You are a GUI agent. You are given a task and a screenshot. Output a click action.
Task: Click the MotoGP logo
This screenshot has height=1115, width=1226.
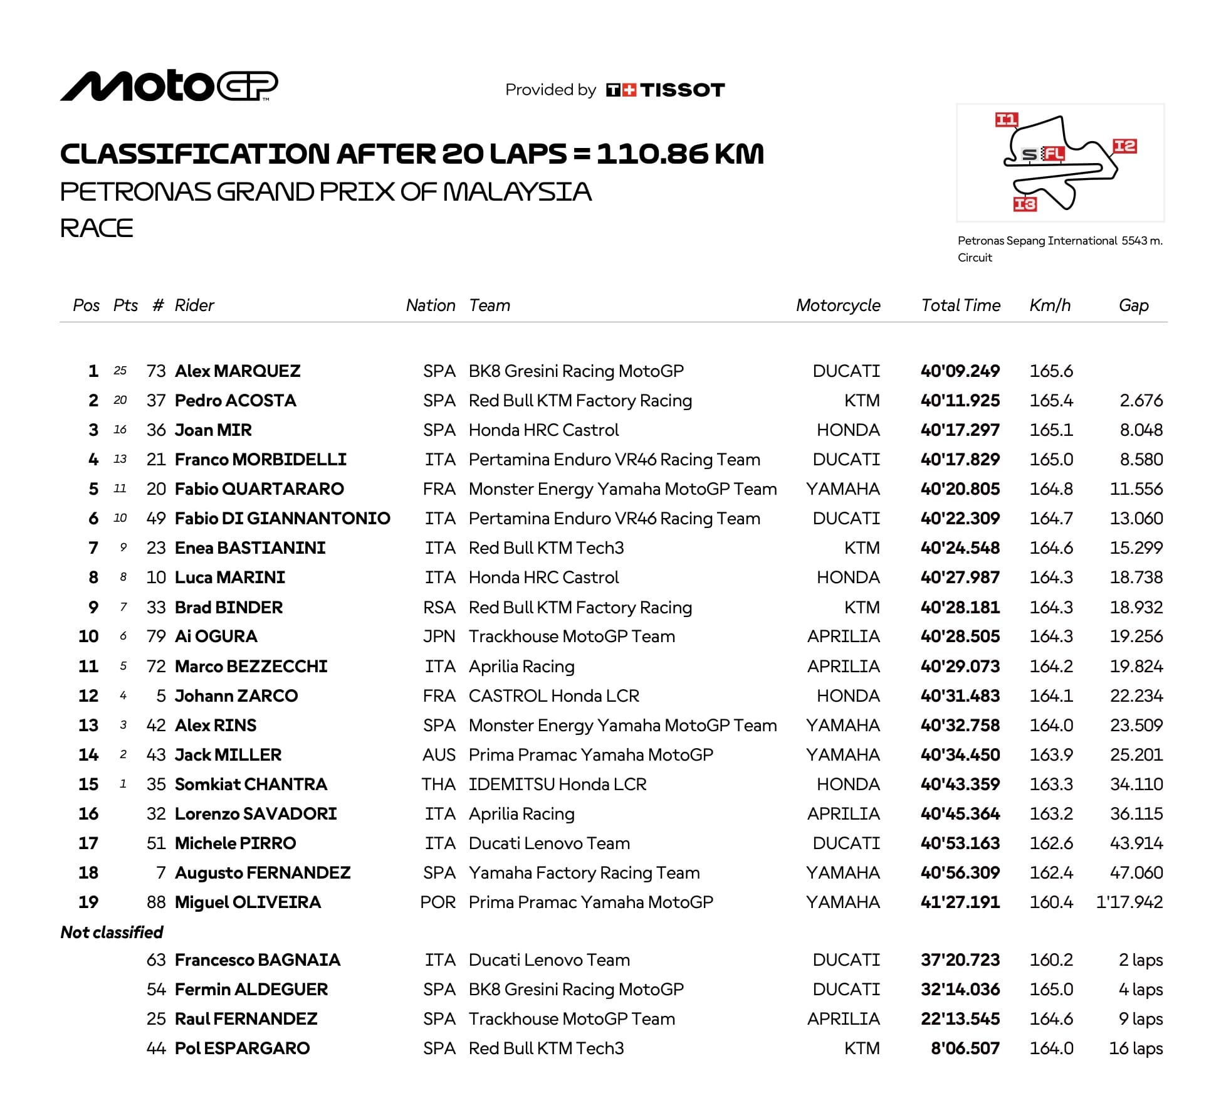click(x=169, y=86)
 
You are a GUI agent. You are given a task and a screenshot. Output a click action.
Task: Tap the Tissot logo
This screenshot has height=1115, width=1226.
click(x=665, y=90)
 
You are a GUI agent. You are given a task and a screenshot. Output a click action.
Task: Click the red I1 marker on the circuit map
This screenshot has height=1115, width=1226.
click(x=1007, y=120)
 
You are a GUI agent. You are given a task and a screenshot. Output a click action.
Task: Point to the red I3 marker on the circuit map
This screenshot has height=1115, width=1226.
click(x=1025, y=204)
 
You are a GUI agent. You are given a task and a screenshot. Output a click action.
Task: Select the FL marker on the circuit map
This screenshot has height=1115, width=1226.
click(x=1053, y=154)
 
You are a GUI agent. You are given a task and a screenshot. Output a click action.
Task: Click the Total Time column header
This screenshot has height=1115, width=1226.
click(x=960, y=305)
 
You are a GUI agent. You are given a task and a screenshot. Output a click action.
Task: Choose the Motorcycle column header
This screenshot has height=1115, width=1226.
click(x=838, y=305)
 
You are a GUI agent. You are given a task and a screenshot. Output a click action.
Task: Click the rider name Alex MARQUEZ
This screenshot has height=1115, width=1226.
click(x=238, y=371)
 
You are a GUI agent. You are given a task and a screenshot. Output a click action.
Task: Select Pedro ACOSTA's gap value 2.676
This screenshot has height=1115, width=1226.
click(x=1141, y=401)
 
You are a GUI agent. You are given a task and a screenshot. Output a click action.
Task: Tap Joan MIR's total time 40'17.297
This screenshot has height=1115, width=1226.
click(x=960, y=430)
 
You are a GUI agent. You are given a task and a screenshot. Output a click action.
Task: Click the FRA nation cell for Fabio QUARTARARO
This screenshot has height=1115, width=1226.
click(x=439, y=489)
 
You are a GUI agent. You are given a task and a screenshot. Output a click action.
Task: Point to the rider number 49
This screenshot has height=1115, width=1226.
click(x=156, y=519)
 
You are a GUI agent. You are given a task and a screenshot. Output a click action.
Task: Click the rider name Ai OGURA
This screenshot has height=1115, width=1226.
click(x=216, y=637)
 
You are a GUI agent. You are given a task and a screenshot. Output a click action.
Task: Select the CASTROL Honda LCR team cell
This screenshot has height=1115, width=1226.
click(x=554, y=696)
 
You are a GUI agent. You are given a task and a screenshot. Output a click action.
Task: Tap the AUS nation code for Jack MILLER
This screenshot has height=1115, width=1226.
click(x=439, y=755)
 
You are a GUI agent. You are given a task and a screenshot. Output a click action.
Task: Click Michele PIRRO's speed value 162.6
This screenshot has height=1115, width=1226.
click(x=1051, y=843)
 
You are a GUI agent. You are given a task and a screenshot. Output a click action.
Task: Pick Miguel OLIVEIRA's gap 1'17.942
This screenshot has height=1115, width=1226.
click(x=1129, y=902)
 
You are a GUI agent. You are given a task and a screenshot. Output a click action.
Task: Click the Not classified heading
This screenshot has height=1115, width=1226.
click(x=112, y=933)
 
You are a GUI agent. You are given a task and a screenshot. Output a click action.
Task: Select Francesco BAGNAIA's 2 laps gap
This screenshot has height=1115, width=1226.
click(x=1141, y=960)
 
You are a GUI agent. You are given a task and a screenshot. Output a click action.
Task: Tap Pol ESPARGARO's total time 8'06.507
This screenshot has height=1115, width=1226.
click(x=965, y=1049)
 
